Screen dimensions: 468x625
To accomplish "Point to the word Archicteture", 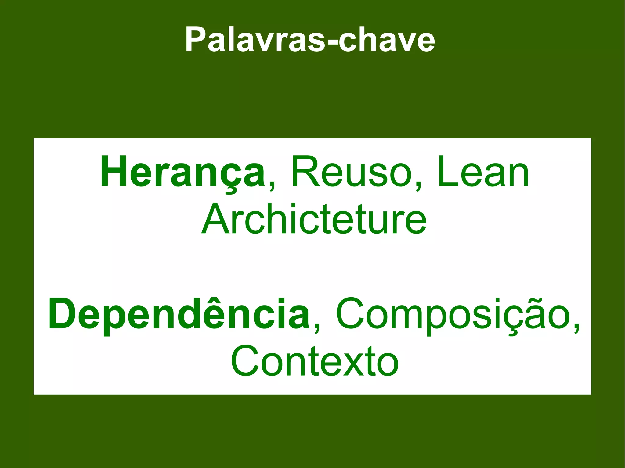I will (x=314, y=220).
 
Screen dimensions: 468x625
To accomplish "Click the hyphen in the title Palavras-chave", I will (x=331, y=43).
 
